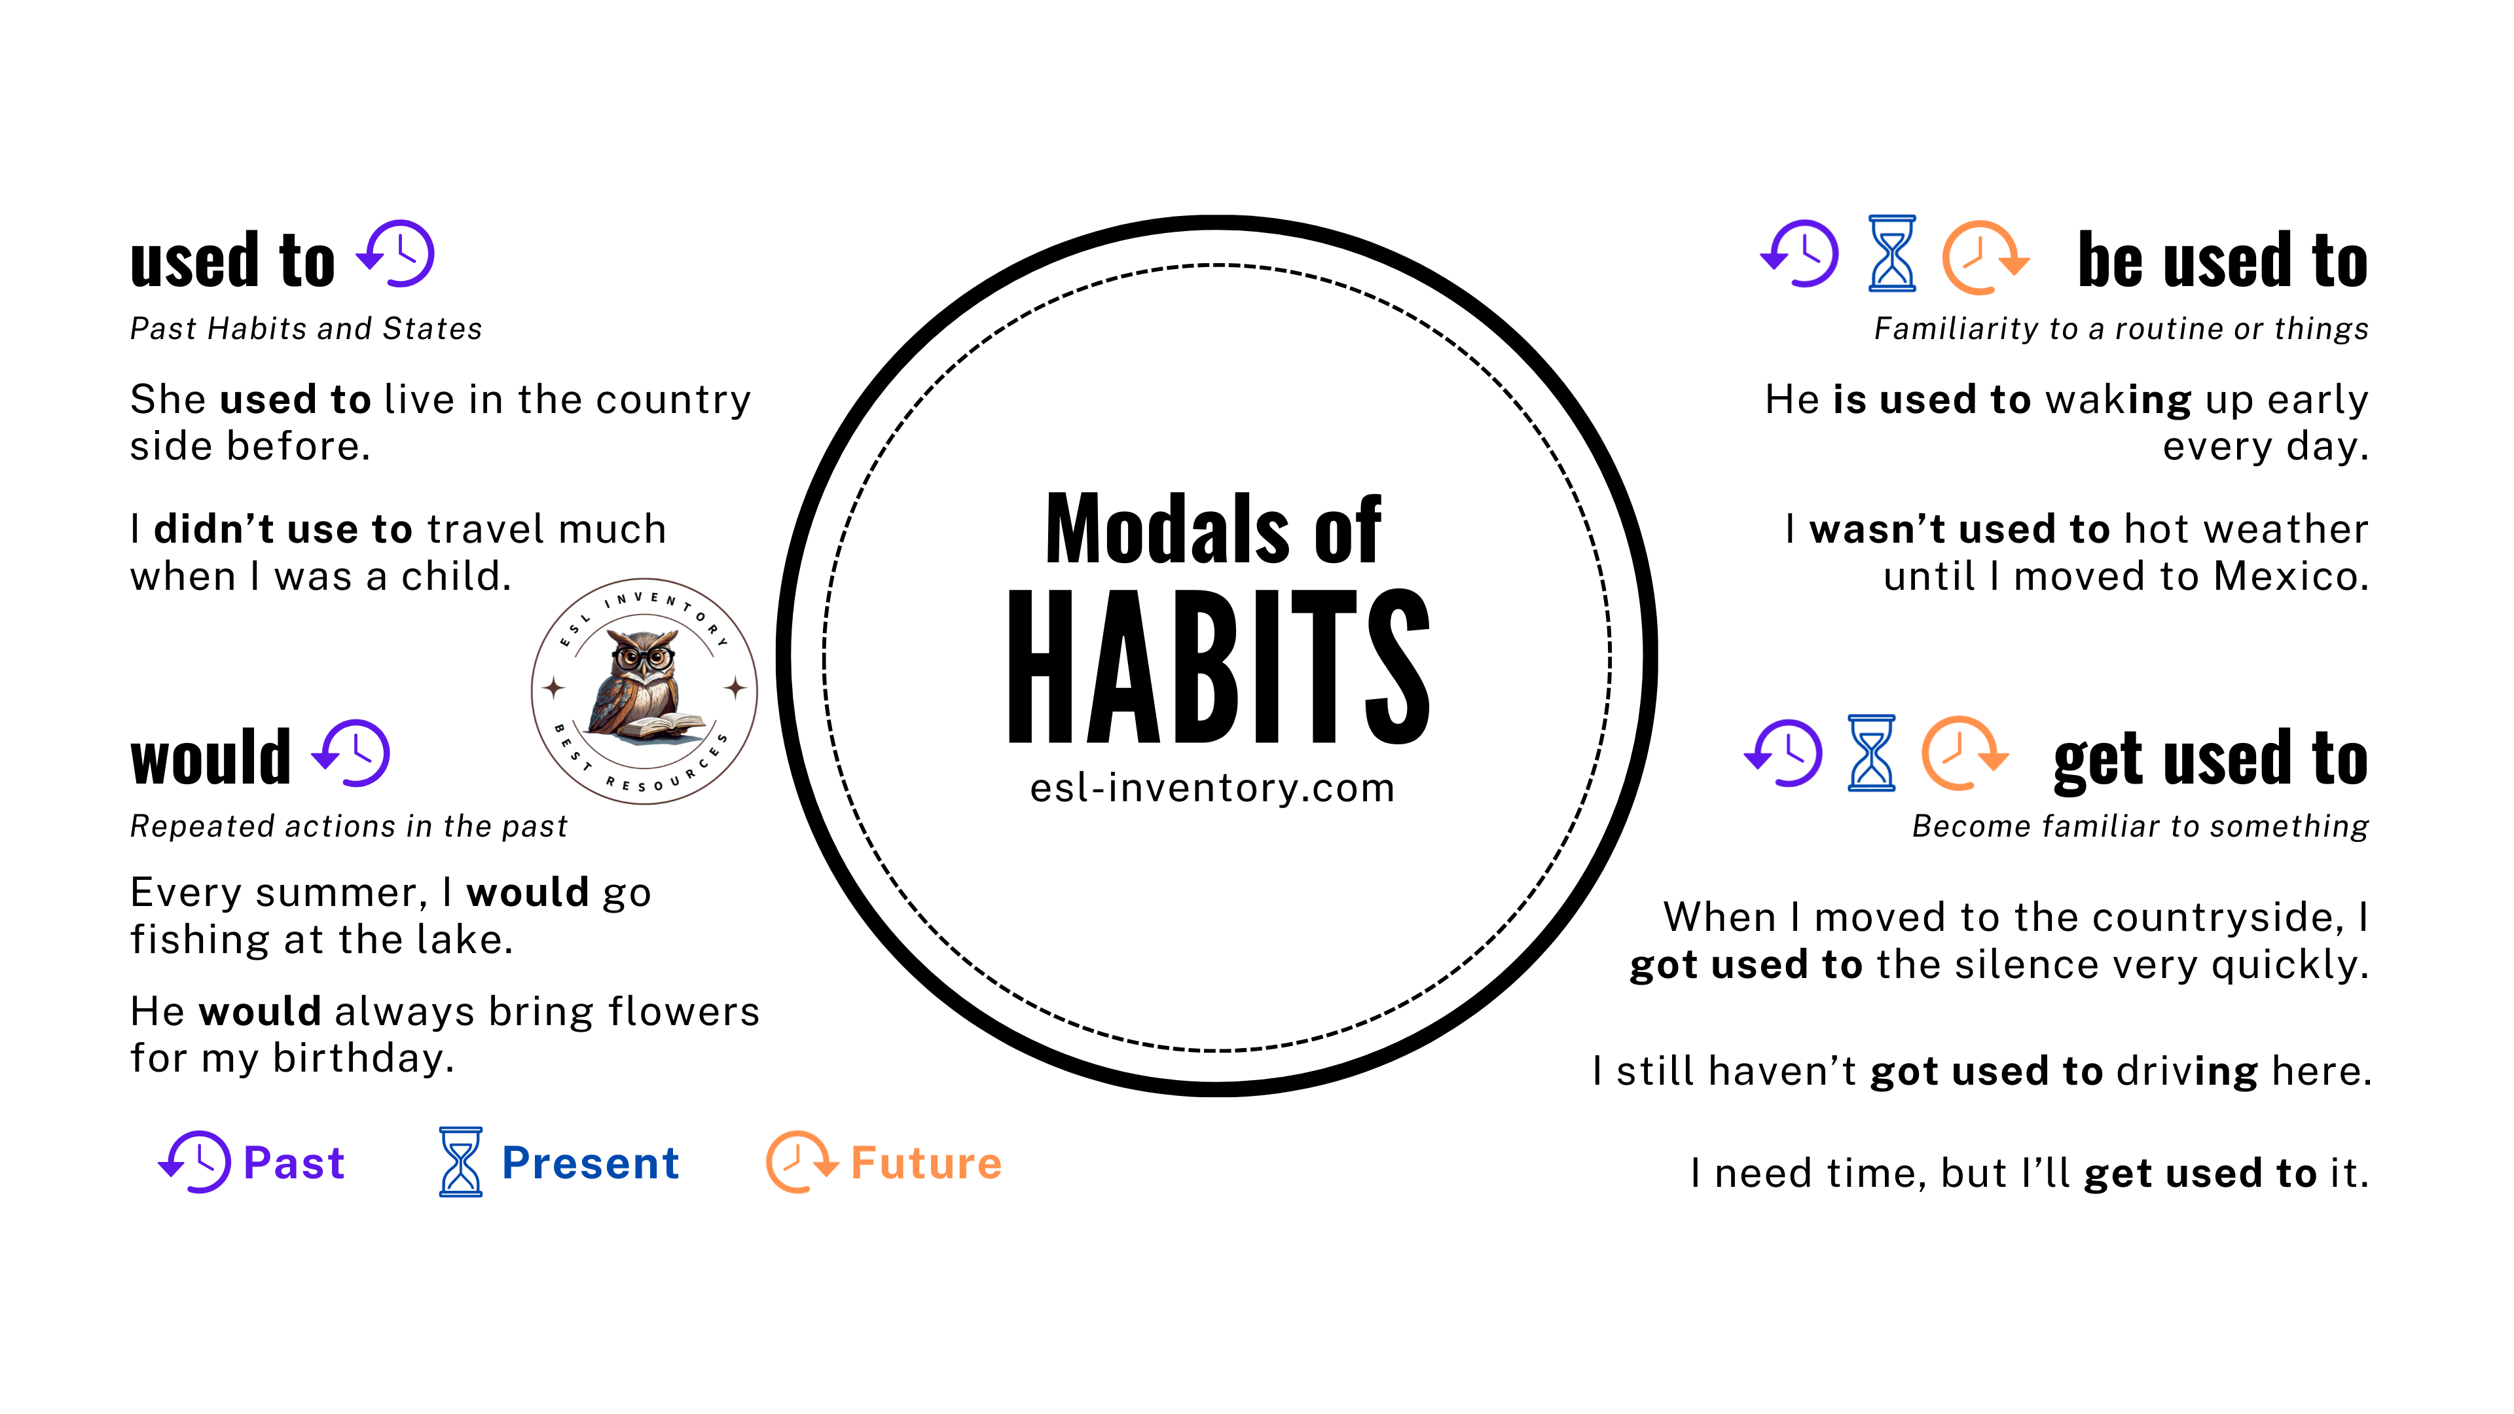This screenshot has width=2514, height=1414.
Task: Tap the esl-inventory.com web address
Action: coord(1212,788)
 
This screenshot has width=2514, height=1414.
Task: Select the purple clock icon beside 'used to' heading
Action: coord(395,254)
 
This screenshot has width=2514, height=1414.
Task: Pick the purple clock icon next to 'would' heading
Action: coord(352,753)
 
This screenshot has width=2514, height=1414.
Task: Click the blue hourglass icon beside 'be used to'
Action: coord(1891,254)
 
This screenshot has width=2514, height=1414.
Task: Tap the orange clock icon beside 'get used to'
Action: coord(1965,753)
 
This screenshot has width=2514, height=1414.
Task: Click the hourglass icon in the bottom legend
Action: coord(461,1162)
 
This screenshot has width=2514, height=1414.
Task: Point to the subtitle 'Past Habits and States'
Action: coord(306,329)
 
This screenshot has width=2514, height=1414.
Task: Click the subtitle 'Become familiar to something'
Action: coord(2140,827)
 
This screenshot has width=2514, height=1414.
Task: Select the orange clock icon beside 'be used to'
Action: coord(1985,257)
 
